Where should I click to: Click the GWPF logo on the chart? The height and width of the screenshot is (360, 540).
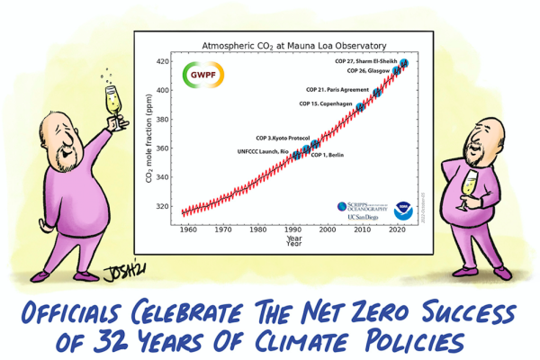198,76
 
